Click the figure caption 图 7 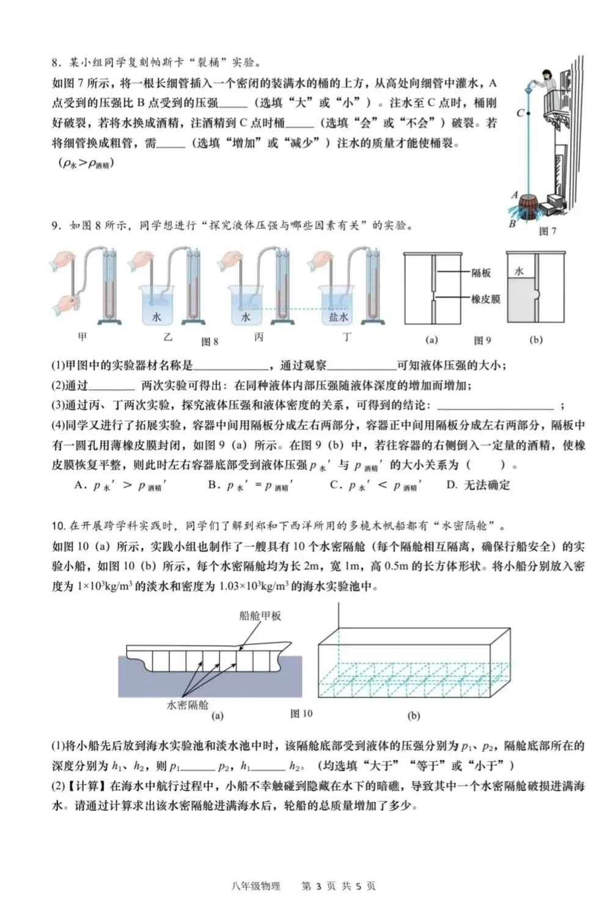click(x=547, y=231)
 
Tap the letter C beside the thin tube click(x=520, y=113)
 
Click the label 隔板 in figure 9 click(x=481, y=273)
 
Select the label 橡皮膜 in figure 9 click(x=485, y=299)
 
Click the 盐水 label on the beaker click(x=338, y=318)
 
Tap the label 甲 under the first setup click(x=82, y=336)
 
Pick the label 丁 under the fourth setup click(x=347, y=337)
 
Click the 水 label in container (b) click(x=519, y=271)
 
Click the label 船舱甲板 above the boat click(x=260, y=616)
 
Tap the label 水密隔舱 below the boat click(x=188, y=704)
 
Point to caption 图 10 click(x=301, y=713)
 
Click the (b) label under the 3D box click(x=414, y=715)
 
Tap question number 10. click(x=59, y=526)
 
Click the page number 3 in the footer click(x=318, y=886)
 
